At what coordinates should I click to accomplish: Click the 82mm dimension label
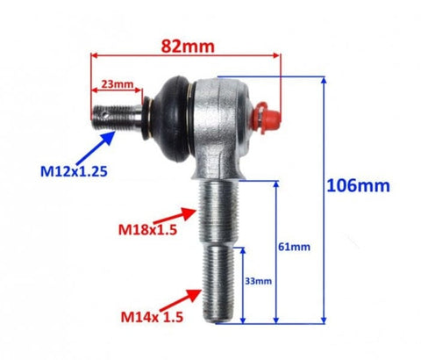188,47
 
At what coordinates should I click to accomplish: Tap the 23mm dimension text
118,84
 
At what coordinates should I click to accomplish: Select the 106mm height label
358,185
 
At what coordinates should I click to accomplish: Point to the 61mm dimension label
294,247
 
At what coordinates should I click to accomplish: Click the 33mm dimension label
258,281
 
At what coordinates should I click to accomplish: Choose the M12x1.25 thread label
74,171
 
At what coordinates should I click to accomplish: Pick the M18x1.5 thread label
147,230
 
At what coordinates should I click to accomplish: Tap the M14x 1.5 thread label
152,317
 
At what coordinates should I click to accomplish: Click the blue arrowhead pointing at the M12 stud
109,138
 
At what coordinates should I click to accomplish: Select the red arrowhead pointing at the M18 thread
189,213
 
